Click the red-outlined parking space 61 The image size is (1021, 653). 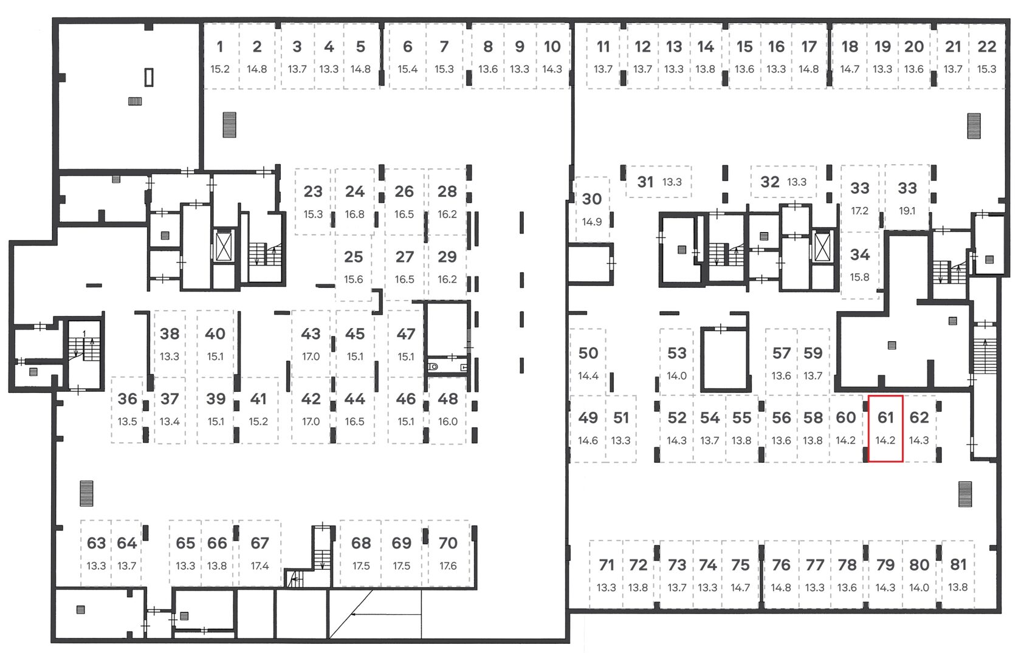click(x=885, y=428)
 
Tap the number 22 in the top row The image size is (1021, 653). click(x=987, y=47)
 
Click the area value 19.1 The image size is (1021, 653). click(x=907, y=211)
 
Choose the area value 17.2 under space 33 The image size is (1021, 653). click(x=859, y=211)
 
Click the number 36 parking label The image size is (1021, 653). click(x=127, y=399)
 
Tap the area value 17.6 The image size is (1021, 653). click(x=448, y=566)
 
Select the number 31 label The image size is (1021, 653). click(x=645, y=182)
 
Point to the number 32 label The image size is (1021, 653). click(x=770, y=182)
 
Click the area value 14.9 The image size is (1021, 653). click(x=592, y=222)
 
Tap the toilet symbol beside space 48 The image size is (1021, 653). click(x=433, y=366)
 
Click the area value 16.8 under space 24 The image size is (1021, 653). click(x=355, y=214)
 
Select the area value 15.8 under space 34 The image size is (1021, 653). click(x=859, y=277)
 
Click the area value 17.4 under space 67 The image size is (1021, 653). click(x=260, y=566)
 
